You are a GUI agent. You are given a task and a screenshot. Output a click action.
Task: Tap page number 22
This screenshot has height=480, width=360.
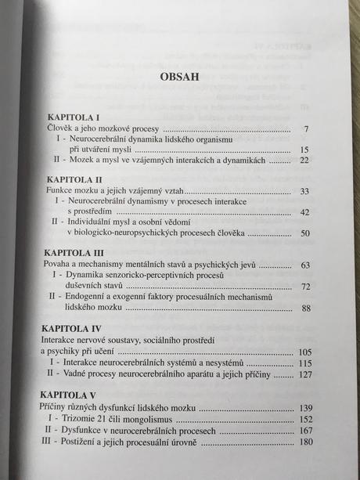click(x=304, y=161)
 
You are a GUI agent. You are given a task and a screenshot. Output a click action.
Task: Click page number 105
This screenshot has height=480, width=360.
click(x=302, y=352)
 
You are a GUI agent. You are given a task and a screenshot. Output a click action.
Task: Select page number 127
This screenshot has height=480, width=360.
click(x=303, y=374)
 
